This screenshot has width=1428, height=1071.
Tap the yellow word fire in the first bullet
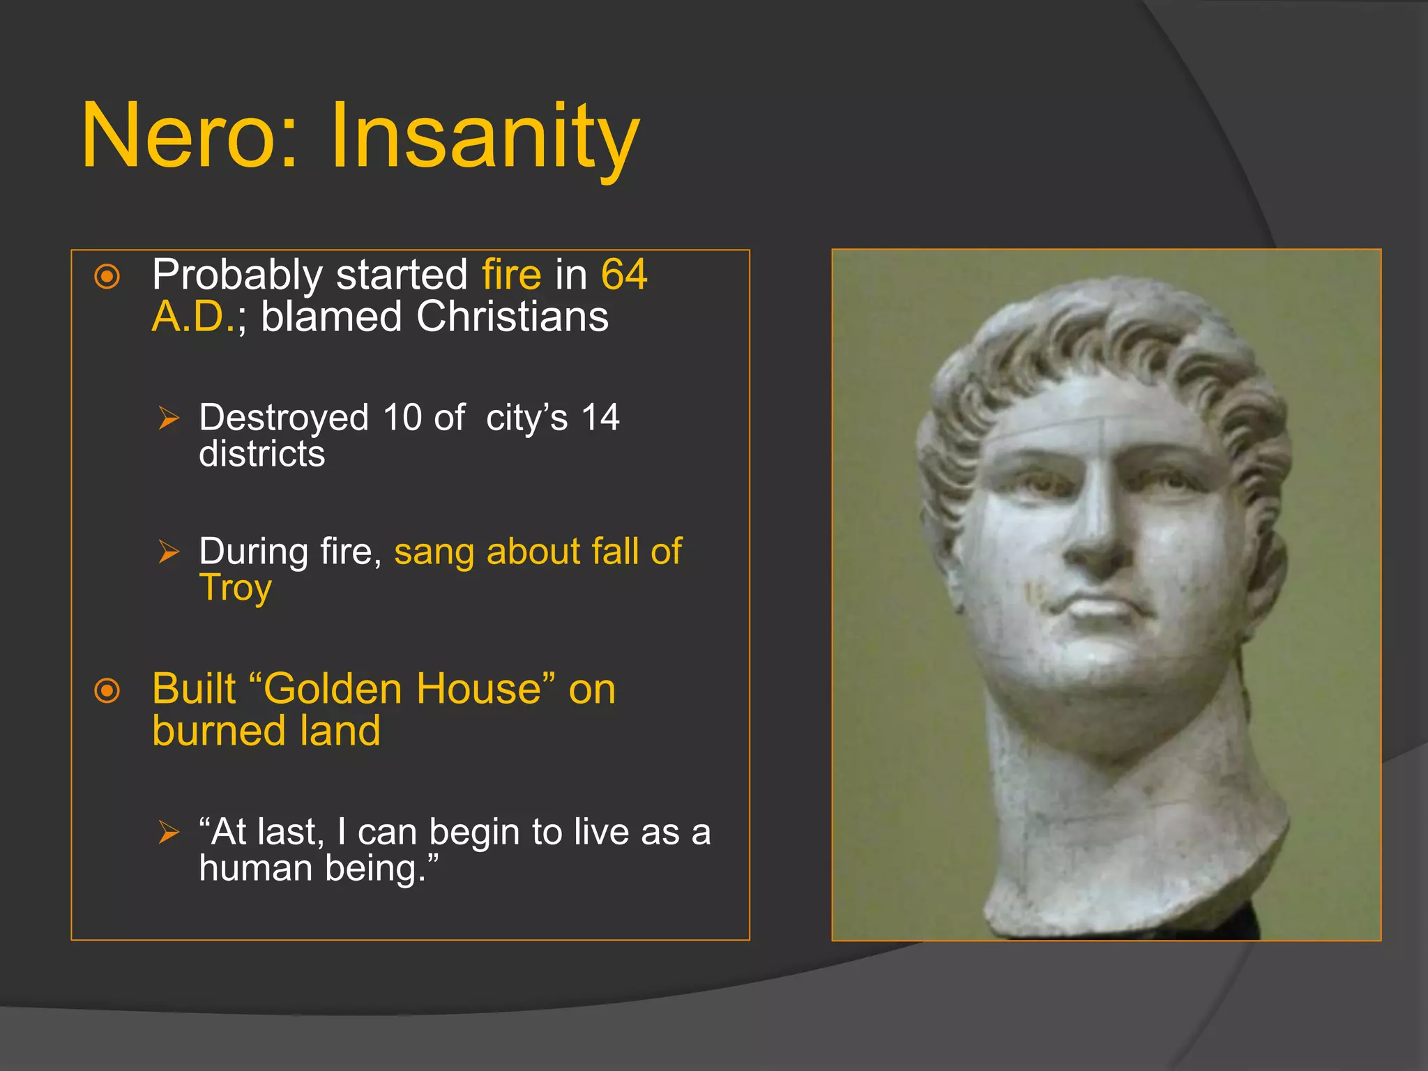(x=511, y=275)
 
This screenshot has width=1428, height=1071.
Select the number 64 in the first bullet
(x=624, y=275)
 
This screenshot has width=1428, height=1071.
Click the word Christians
(x=512, y=317)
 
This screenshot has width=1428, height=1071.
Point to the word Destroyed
(x=283, y=418)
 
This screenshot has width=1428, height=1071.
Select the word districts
(x=261, y=455)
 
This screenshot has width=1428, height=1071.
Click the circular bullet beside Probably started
(x=107, y=277)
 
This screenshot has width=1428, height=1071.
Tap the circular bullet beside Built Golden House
(x=107, y=691)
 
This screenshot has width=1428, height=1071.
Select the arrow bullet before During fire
(x=169, y=552)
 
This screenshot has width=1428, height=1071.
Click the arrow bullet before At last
(x=169, y=832)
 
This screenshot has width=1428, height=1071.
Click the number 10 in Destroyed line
(x=402, y=418)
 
